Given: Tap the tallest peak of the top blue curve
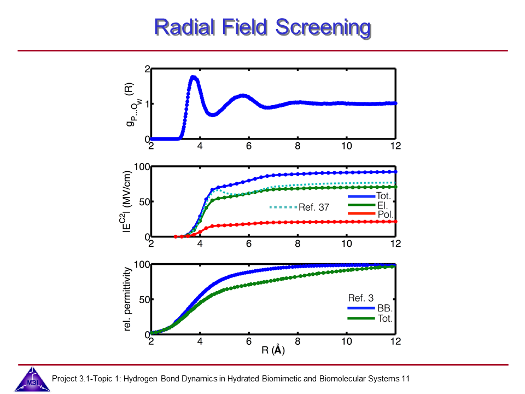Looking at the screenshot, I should (x=193, y=77).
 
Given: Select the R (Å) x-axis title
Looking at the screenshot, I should (x=272, y=351).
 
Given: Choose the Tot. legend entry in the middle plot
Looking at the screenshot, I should (x=383, y=196).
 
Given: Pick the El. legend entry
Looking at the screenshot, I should (x=381, y=205).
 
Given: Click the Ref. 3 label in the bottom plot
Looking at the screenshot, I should (x=361, y=298).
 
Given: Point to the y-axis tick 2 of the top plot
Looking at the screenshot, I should (x=147, y=69).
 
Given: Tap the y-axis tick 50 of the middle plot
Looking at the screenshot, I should (x=143, y=202).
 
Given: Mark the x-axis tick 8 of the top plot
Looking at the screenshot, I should (x=297, y=146).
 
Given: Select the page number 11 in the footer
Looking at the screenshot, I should (x=405, y=378).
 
